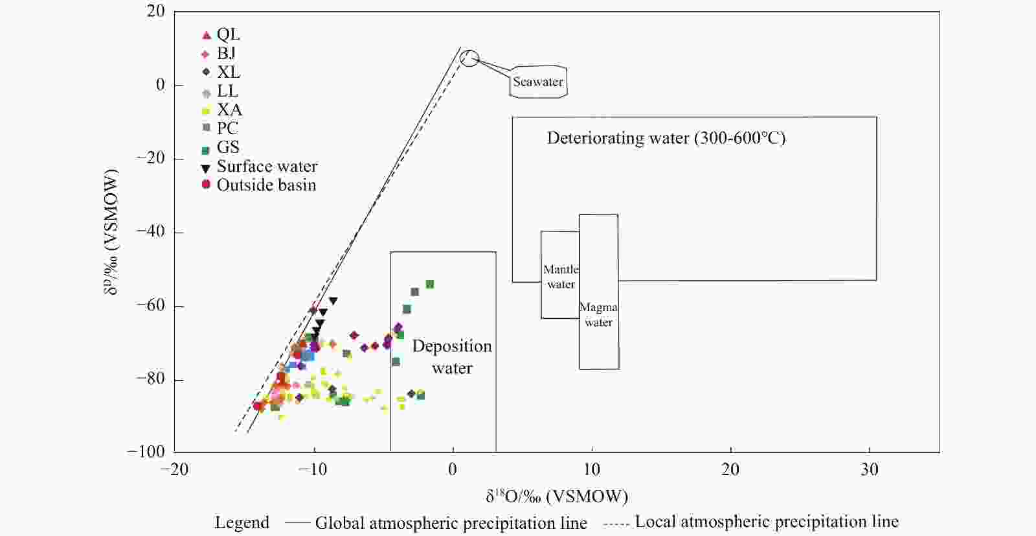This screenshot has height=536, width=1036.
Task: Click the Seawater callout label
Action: point(537,82)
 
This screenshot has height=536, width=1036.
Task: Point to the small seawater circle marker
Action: point(469,58)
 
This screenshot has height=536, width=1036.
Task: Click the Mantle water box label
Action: point(561,277)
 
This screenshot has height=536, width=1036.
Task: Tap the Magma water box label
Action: point(598,314)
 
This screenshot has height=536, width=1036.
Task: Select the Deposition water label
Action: point(452,356)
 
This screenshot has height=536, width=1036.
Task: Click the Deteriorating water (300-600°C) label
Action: point(666,138)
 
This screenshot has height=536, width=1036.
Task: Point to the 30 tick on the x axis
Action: point(870,469)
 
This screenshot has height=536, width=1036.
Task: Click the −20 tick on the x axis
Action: point(175,469)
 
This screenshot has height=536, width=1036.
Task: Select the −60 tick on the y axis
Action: point(150,305)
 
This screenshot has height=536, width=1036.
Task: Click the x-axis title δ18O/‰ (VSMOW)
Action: point(557,497)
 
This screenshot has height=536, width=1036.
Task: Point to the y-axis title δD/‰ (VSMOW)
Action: point(111,232)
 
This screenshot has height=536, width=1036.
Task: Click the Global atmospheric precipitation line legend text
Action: point(451,523)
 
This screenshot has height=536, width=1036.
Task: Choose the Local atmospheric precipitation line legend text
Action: point(767,522)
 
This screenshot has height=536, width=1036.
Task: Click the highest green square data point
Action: point(429,285)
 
